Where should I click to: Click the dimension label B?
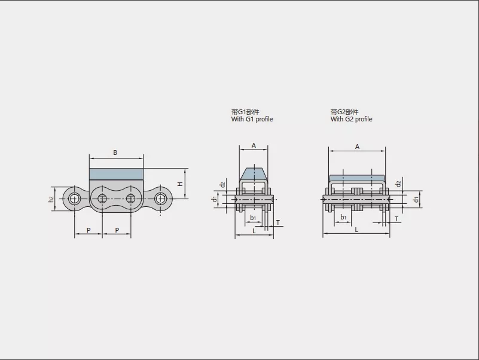(x=115, y=152)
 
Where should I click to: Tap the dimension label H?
(x=180, y=184)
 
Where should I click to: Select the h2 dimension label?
(x=51, y=199)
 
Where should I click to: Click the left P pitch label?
(x=89, y=230)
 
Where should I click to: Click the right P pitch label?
(x=117, y=230)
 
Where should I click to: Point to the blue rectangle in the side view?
(x=116, y=174)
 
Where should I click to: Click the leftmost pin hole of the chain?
(x=74, y=199)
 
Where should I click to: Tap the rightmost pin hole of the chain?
(x=160, y=199)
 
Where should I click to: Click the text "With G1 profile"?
(x=252, y=119)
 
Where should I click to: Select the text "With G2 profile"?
(x=351, y=119)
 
